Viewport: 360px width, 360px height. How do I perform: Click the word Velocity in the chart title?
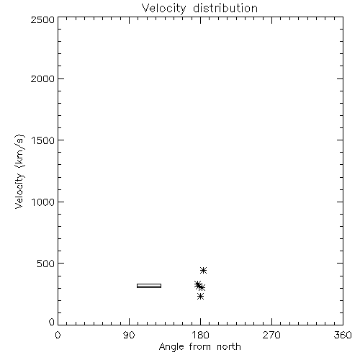(x=164, y=9)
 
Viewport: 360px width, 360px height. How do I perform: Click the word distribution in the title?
(x=225, y=8)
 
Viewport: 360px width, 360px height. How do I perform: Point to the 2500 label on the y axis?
(x=42, y=19)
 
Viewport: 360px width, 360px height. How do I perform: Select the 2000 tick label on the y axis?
(x=42, y=79)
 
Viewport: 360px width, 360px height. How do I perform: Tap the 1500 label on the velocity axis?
(x=43, y=140)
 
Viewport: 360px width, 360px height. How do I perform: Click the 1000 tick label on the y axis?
(x=43, y=202)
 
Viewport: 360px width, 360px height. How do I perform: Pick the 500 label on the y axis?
(x=46, y=264)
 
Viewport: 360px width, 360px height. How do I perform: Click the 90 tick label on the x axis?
(x=129, y=335)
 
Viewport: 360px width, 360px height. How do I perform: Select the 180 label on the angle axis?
(x=200, y=335)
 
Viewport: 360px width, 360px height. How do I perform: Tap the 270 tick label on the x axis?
(x=271, y=335)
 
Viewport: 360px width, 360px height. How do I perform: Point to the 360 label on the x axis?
(x=343, y=335)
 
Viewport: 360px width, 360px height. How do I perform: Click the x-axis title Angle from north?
(x=200, y=347)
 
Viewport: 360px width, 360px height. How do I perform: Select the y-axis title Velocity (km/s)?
(x=19, y=171)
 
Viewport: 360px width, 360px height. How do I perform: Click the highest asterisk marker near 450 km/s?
(x=203, y=270)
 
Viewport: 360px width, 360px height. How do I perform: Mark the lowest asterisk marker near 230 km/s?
(x=200, y=297)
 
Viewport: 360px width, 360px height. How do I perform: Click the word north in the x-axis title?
(x=229, y=347)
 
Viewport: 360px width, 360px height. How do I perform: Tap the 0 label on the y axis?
(x=52, y=322)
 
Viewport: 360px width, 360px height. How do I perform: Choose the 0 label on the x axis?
(x=58, y=335)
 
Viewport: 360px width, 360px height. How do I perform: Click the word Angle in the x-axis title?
(x=171, y=347)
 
